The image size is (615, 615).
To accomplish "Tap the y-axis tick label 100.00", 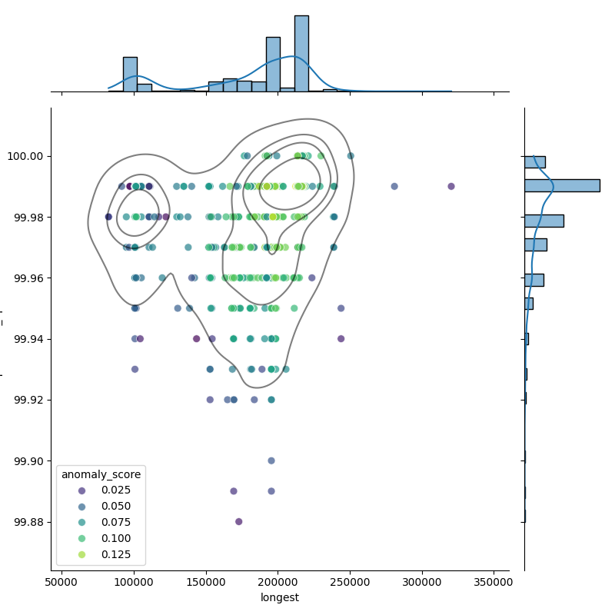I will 28,156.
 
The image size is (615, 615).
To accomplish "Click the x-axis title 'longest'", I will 280,597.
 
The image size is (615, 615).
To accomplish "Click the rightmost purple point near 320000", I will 451,186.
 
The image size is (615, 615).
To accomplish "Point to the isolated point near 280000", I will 394,186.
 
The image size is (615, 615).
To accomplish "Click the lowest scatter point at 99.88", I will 238,521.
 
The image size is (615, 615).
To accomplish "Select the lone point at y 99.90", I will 271,460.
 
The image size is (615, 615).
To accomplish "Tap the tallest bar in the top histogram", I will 301,54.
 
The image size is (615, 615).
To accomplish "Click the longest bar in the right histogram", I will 561,185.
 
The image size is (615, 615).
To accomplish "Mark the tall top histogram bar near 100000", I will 130,75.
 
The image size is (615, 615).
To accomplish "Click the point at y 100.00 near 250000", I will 351,156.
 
